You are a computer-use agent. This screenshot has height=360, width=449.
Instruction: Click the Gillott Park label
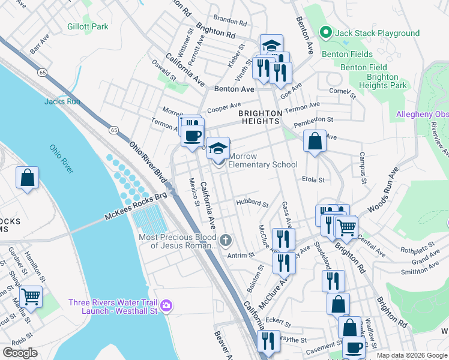tap(88, 26)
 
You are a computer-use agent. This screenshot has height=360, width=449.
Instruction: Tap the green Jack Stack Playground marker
tap(326, 32)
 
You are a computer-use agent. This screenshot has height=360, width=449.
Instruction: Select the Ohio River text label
tap(61, 159)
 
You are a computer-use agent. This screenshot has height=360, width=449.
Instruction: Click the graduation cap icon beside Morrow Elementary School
tap(218, 147)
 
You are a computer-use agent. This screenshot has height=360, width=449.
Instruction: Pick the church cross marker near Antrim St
tap(226, 241)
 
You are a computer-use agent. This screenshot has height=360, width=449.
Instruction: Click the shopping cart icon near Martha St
tap(31, 295)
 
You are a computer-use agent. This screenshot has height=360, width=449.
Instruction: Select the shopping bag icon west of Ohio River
tap(27, 178)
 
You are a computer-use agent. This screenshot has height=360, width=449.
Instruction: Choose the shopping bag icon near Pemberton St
tap(315, 142)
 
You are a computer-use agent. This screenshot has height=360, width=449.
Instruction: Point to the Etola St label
tap(313, 179)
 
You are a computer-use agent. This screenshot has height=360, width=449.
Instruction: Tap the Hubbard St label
tap(252, 203)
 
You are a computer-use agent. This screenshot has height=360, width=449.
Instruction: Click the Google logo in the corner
tap(20, 353)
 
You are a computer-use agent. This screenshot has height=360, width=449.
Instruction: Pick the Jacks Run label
tap(62, 101)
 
